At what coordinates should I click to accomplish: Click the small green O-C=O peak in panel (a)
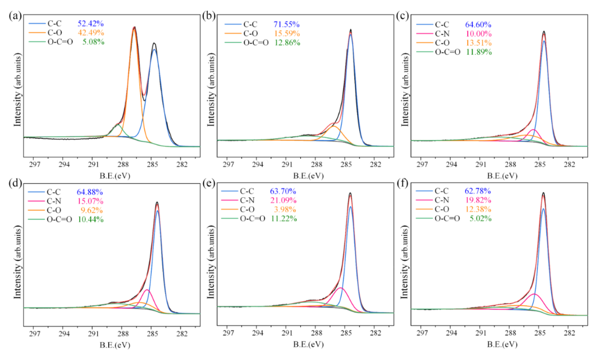118,124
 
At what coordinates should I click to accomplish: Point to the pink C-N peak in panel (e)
340,288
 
